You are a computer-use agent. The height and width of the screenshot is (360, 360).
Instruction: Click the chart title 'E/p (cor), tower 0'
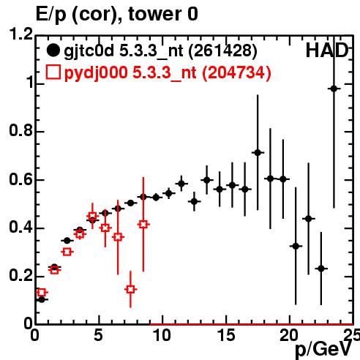(x=117, y=15)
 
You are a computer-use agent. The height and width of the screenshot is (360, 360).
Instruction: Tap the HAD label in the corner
(x=327, y=50)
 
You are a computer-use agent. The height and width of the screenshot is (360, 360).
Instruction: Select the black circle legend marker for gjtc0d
(x=53, y=50)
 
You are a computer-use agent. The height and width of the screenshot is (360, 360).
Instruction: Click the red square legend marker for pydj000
(x=53, y=72)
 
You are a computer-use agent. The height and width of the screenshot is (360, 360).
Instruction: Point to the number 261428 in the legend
(x=223, y=51)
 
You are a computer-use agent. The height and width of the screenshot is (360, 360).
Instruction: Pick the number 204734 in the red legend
(x=236, y=72)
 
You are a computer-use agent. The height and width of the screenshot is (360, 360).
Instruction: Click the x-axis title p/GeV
(x=323, y=350)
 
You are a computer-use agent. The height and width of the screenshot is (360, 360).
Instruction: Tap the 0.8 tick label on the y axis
(x=21, y=130)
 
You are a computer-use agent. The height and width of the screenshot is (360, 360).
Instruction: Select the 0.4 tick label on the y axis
(x=21, y=228)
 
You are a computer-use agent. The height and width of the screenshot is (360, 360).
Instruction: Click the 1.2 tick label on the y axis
(x=21, y=34)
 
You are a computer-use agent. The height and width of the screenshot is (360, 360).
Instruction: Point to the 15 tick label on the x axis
(x=226, y=335)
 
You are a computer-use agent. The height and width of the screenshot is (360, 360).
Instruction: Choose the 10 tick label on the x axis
(x=162, y=335)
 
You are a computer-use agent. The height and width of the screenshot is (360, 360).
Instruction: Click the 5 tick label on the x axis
(x=99, y=335)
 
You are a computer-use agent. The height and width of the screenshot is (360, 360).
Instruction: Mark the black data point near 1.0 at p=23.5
(x=334, y=89)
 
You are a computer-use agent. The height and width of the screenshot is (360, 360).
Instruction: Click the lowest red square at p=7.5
(x=131, y=290)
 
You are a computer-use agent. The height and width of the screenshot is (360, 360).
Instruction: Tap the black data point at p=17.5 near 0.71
(x=258, y=153)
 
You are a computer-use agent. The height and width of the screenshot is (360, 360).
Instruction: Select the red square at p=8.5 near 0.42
(x=143, y=225)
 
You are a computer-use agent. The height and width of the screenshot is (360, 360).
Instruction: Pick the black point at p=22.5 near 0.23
(x=321, y=269)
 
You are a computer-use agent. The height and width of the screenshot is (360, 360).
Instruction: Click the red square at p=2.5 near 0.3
(x=67, y=252)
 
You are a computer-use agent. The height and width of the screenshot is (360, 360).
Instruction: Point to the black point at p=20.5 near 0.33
(x=296, y=247)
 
